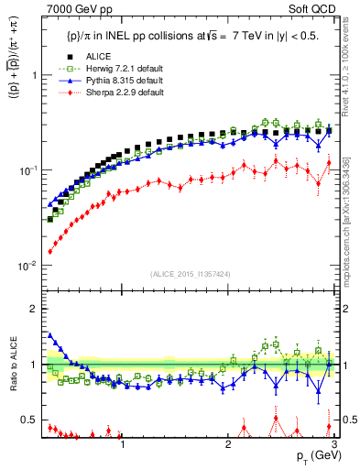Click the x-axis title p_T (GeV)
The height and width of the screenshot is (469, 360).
click(312, 456)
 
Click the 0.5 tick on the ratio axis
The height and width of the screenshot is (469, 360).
click(31, 420)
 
